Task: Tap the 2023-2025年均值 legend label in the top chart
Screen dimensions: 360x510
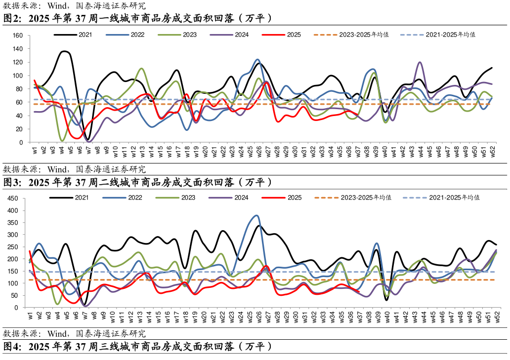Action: point(364,35)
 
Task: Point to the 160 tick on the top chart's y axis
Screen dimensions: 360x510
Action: point(18,36)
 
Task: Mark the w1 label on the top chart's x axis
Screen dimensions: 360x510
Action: point(35,150)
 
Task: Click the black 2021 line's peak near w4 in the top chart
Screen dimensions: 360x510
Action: point(64,51)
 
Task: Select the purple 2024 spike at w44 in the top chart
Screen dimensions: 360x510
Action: point(420,62)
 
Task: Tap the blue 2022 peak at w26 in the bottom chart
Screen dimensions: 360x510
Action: point(256,215)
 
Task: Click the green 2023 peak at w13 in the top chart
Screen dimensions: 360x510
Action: point(142,68)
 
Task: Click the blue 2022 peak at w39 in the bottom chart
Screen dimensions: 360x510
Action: point(377,243)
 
